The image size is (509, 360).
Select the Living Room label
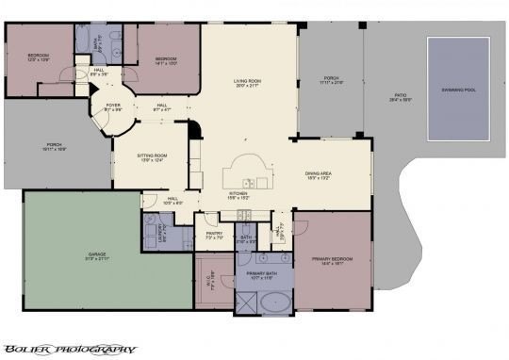(247, 82)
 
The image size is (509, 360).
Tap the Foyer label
(113, 105)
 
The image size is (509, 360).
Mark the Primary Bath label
(259, 273)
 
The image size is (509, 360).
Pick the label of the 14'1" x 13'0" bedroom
(166, 59)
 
